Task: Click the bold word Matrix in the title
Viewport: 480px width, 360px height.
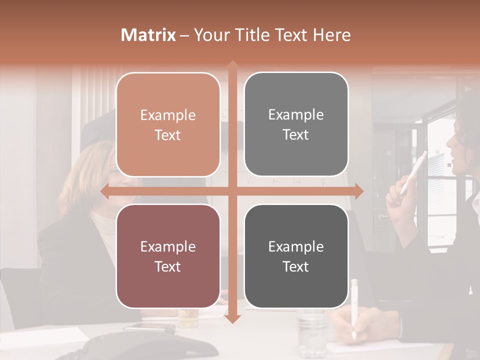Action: [148, 35]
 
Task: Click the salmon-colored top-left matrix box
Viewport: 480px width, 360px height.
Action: [168, 124]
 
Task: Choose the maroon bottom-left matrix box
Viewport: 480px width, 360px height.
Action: [168, 256]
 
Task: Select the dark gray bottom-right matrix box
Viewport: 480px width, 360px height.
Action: [296, 256]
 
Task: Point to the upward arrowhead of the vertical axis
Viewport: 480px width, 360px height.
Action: [232, 65]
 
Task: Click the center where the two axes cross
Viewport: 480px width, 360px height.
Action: [232, 191]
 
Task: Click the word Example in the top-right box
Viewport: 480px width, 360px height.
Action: [296, 114]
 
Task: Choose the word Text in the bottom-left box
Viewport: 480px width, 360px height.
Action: [168, 266]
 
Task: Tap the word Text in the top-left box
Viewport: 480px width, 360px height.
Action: [168, 135]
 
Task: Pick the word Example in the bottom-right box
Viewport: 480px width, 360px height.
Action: [296, 246]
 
